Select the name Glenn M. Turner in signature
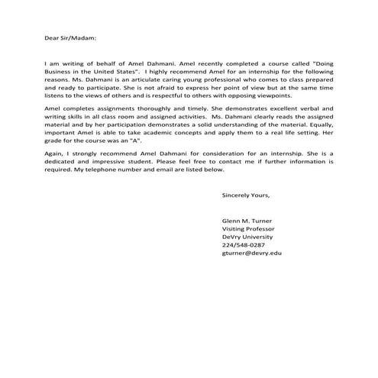tap(247, 221)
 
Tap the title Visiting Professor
tap(248, 229)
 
